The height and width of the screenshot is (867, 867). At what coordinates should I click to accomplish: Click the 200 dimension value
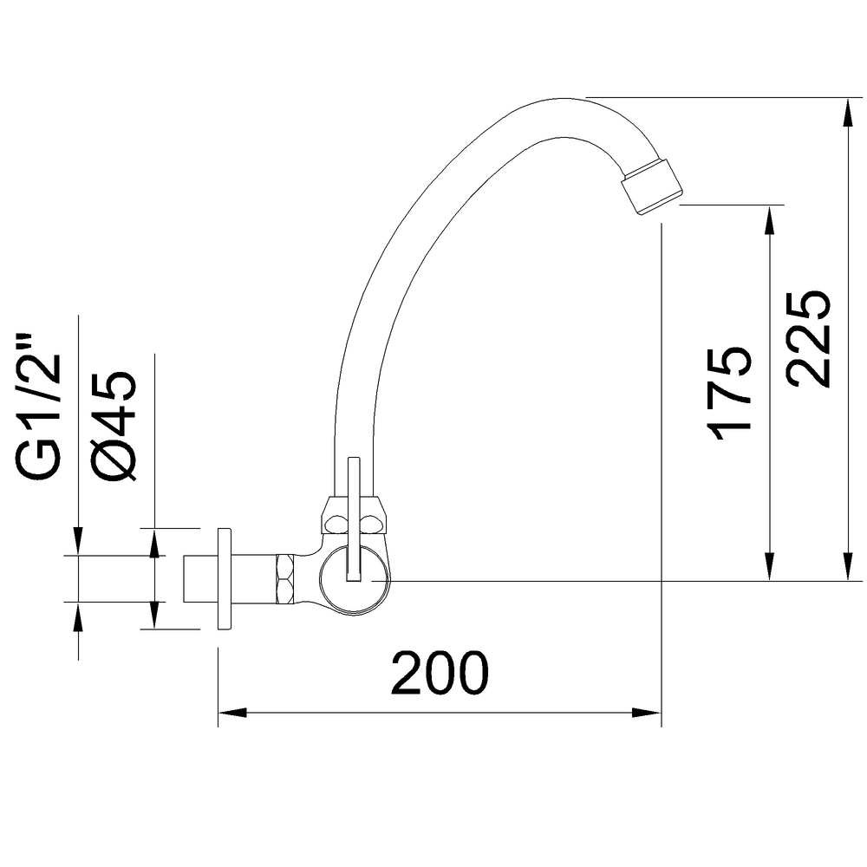pos(440,674)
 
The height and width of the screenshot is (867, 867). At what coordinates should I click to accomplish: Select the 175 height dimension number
pos(727,392)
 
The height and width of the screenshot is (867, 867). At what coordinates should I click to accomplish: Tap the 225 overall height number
pos(808,338)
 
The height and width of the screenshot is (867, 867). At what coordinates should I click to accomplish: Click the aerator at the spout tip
pos(653,185)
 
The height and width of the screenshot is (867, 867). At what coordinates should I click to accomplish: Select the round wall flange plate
pos(224,578)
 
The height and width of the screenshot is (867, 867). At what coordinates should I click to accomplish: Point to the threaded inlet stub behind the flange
pos(199,578)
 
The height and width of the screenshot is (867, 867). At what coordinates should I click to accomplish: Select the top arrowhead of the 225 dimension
pos(847,109)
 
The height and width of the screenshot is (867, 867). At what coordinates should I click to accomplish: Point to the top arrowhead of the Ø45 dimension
pos(153,539)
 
